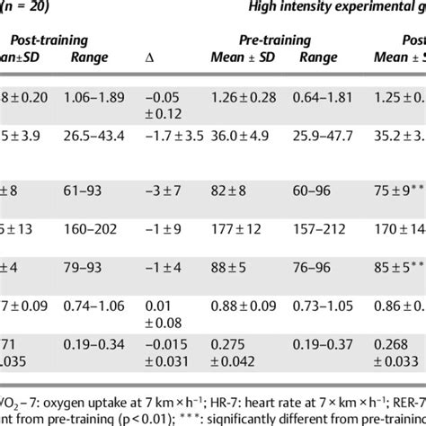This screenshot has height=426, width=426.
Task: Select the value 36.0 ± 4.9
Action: tap(236, 134)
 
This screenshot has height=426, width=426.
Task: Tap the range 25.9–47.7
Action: tap(324, 134)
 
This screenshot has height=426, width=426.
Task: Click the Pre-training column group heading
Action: tap(274, 40)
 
